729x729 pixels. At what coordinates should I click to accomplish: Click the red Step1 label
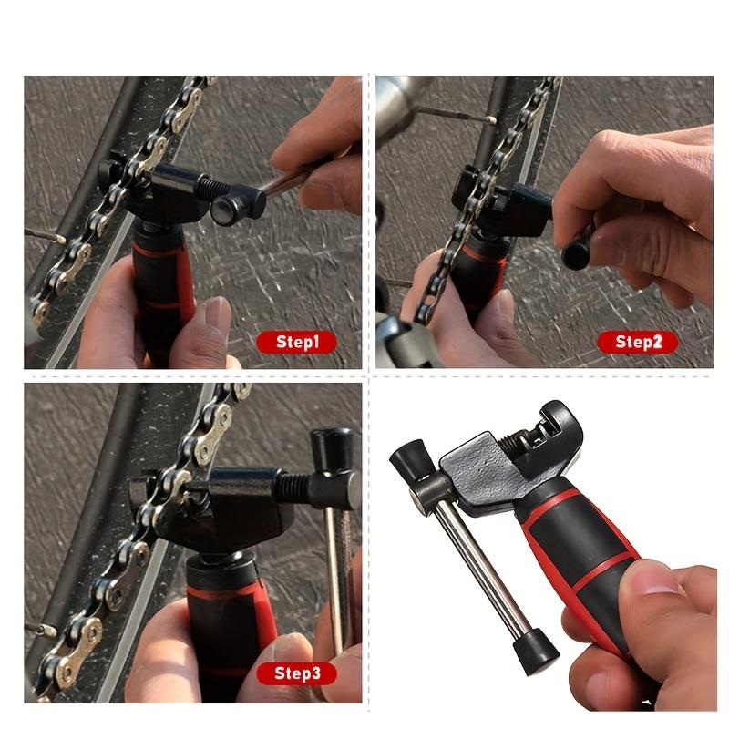pyautogui.click(x=295, y=343)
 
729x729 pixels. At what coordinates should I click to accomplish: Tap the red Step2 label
pyautogui.click(x=638, y=343)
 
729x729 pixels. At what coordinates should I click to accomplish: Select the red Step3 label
pyautogui.click(x=295, y=674)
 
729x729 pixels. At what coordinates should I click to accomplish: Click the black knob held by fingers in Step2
pyautogui.click(x=577, y=253)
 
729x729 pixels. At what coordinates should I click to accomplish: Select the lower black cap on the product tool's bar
pyautogui.click(x=536, y=650)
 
